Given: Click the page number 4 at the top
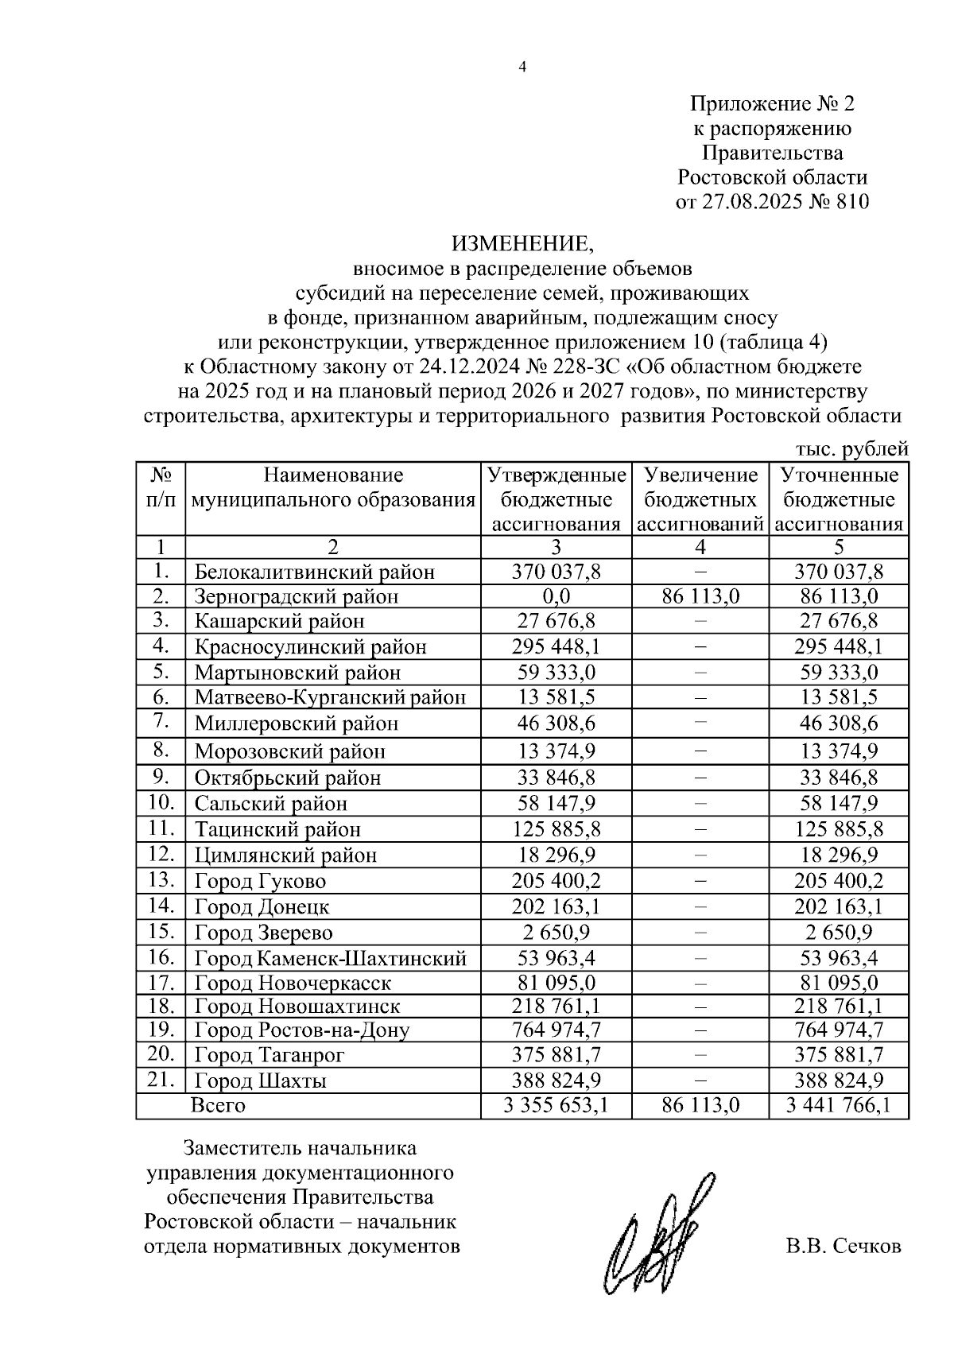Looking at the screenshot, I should tap(522, 68).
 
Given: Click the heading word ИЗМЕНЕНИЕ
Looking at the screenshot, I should tap(522, 242).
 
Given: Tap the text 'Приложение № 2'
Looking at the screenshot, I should tap(772, 103).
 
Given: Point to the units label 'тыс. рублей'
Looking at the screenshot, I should tap(851, 450).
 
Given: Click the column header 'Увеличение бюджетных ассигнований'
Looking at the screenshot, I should tap(700, 500).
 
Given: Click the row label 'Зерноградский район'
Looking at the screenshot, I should tap(296, 596).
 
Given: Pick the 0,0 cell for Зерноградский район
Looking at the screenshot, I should tap(556, 596).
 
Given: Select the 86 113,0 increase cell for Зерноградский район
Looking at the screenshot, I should tap(700, 596).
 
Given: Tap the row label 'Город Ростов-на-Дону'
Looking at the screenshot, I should tap(302, 1030).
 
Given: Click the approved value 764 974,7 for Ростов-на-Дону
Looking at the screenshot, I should tap(556, 1030).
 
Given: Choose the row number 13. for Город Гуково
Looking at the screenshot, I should tap(161, 880).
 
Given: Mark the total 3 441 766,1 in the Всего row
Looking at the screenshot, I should tap(838, 1105).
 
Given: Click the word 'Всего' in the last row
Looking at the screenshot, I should tap(218, 1105).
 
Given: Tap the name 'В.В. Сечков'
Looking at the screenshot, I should tap(843, 1246).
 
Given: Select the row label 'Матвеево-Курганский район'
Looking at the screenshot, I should tap(330, 698).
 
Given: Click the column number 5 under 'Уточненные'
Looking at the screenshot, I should tap(839, 547).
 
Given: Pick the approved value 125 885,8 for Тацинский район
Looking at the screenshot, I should tap(556, 829).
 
